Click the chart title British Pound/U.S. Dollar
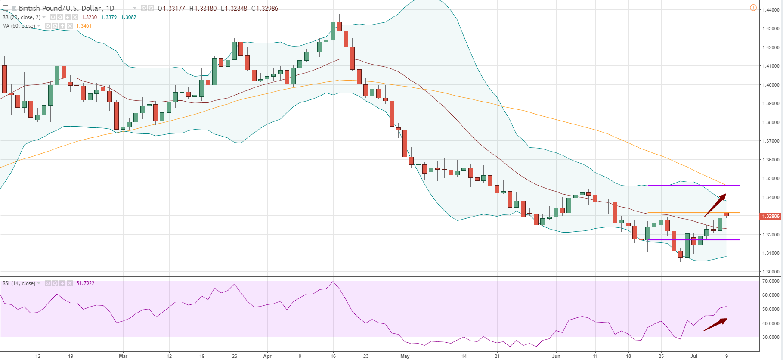point(60,8)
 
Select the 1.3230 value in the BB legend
point(89,17)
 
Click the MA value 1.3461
point(84,26)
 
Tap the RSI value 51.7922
point(85,283)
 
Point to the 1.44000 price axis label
point(771,10)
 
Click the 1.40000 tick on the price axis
point(771,85)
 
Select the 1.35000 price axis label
point(771,178)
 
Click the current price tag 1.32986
point(771,216)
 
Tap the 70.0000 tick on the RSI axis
point(771,281)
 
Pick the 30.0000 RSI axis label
point(771,337)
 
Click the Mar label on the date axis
point(123,356)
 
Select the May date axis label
point(405,356)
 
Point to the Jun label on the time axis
point(556,356)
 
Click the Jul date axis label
point(693,356)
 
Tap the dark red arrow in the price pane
point(715,205)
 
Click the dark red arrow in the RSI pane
point(715,325)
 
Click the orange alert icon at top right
point(753,8)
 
